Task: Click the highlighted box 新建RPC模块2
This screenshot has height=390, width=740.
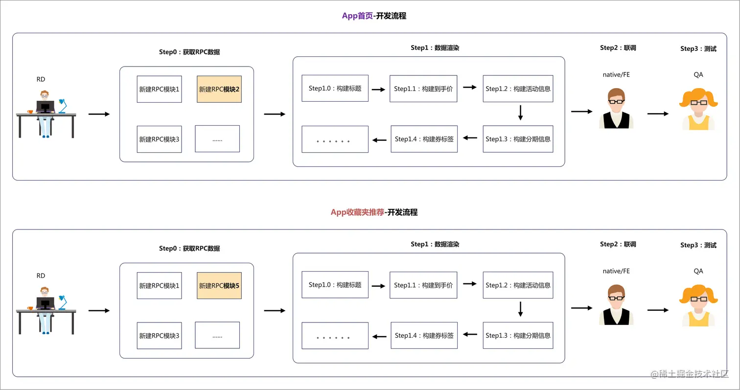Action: (x=219, y=89)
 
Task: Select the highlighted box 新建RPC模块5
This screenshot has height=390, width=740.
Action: (x=219, y=286)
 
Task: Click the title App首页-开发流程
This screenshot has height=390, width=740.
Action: (x=374, y=16)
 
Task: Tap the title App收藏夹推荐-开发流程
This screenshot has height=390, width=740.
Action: (x=374, y=212)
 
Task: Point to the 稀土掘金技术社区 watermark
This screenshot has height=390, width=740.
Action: (x=690, y=374)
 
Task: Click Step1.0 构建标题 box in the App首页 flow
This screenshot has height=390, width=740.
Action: (x=335, y=89)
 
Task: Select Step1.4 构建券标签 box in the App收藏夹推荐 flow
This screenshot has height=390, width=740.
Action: (x=424, y=335)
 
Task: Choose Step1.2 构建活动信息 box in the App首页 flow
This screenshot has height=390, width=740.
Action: (x=518, y=89)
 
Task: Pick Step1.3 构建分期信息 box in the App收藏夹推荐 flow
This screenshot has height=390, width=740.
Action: (x=518, y=335)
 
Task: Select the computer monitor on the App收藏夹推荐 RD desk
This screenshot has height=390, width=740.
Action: (x=45, y=303)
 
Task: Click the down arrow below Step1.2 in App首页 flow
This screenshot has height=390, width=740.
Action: (x=520, y=113)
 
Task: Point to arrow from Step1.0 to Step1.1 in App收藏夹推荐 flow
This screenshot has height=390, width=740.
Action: (x=378, y=286)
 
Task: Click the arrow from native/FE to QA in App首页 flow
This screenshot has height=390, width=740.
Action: (x=658, y=114)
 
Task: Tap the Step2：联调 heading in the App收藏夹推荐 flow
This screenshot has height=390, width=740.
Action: (x=618, y=244)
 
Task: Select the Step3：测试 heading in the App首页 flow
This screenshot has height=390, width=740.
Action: (x=698, y=49)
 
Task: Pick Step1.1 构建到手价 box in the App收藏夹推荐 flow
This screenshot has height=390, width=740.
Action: (x=423, y=285)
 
